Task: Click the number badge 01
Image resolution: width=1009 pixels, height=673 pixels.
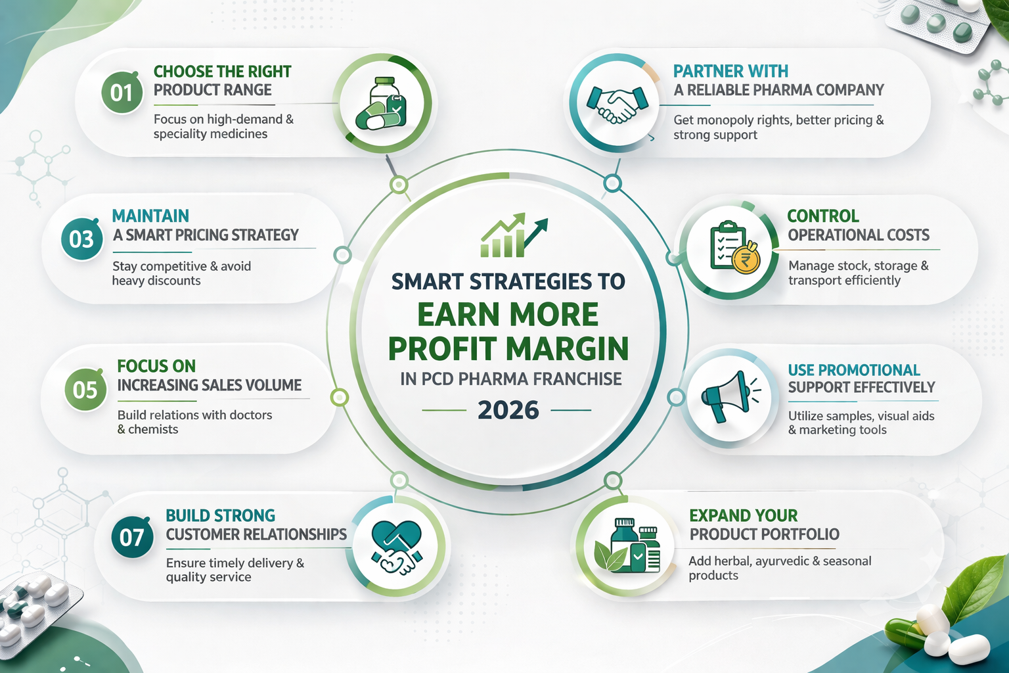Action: click(x=122, y=93)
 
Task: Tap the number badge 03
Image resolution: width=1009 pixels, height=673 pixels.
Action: click(x=81, y=239)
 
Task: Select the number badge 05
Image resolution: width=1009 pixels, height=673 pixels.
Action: click(x=85, y=390)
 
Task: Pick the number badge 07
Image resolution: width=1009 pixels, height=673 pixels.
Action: click(x=132, y=538)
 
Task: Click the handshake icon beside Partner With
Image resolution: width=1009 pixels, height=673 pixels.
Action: click(x=616, y=104)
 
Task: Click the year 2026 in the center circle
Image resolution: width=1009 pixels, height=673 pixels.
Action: click(x=508, y=410)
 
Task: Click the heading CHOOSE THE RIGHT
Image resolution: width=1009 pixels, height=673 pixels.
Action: click(x=222, y=71)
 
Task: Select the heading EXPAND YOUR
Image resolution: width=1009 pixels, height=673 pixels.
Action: click(x=743, y=515)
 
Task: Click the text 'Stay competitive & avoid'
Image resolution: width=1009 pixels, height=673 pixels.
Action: click(x=181, y=266)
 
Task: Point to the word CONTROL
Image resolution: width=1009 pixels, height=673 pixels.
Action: click(x=822, y=216)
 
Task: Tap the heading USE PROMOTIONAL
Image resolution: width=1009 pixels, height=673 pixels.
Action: click(x=853, y=370)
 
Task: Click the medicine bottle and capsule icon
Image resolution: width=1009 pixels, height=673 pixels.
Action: click(x=382, y=104)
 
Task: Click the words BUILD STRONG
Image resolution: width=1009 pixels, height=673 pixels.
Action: click(x=220, y=515)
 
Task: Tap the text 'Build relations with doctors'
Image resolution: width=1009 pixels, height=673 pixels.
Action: click(x=194, y=415)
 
